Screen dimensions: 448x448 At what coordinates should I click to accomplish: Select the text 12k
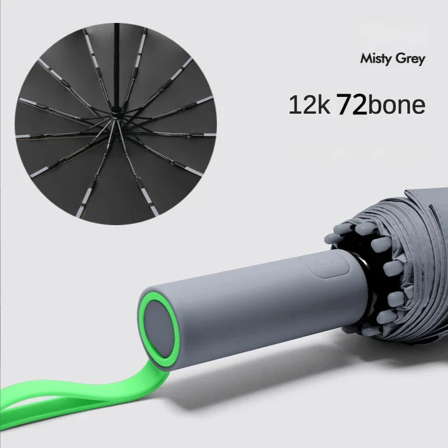point(309,105)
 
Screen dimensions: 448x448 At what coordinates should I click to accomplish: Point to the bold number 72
point(352,105)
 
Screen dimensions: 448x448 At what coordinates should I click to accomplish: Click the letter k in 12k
point(323,105)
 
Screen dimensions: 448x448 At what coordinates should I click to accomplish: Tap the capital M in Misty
point(366,58)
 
